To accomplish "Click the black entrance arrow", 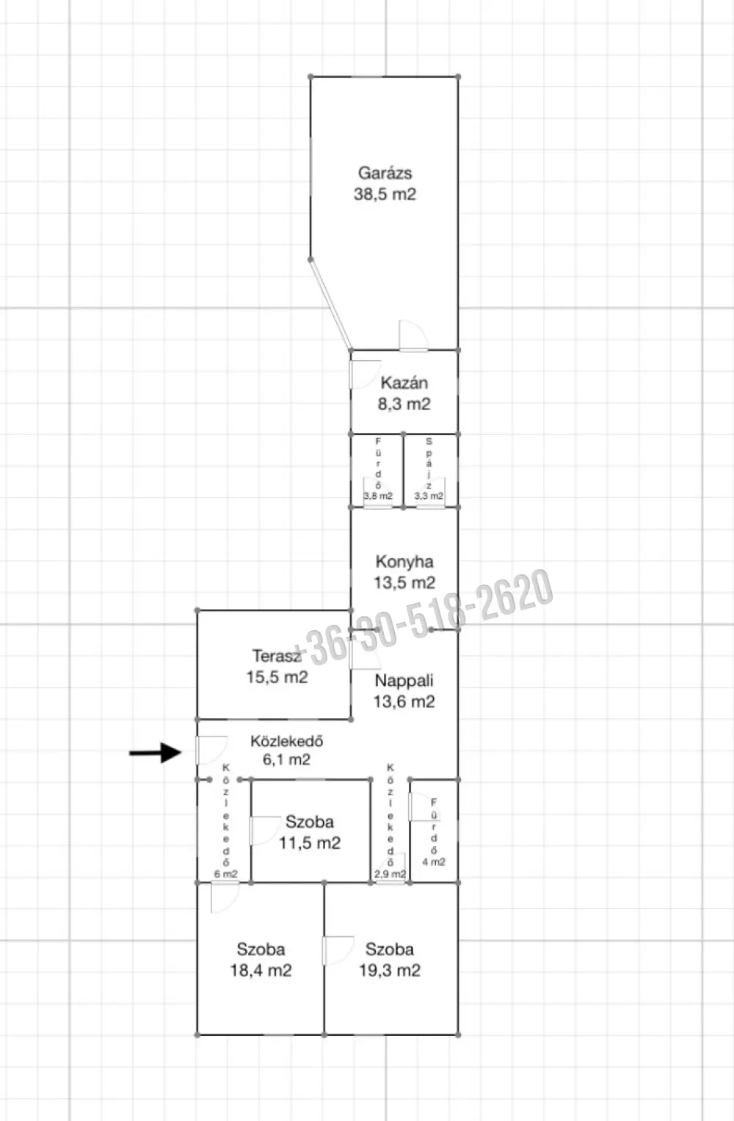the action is point(155,753).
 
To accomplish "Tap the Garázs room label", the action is point(385,173).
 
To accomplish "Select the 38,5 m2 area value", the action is point(385,194).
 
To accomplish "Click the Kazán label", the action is point(404,383).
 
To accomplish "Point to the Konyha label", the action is point(404,562).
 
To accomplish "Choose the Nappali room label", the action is point(404,681).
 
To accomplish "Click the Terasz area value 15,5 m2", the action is point(277,677).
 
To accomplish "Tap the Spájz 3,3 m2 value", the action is point(429,496).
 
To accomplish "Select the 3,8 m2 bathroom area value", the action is point(378,496).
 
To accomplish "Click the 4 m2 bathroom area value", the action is point(434,862).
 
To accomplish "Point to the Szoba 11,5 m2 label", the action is point(310,832).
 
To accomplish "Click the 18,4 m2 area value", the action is point(261,971).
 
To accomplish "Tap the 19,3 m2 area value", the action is point(390,971).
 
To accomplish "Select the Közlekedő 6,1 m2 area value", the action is point(286,759).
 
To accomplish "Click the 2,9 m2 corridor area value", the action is point(390,874).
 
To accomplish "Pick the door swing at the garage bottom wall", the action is point(413,335).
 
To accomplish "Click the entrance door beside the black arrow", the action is point(211,751).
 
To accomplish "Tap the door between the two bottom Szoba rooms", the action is point(338,951).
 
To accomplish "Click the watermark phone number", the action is point(423,618).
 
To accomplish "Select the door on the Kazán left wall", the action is point(365,374).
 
